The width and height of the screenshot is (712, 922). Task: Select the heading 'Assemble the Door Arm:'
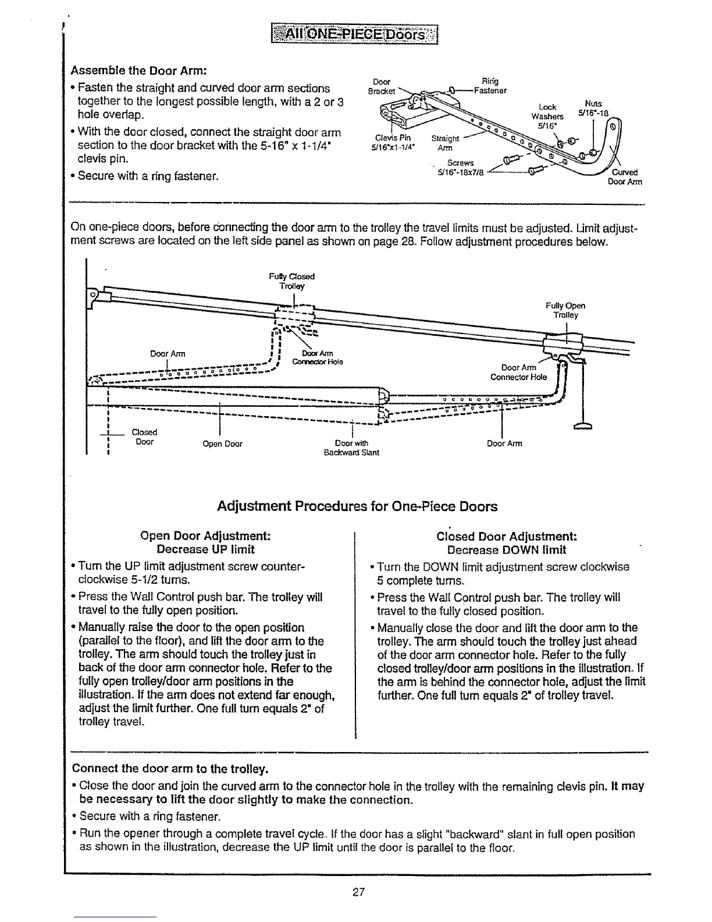[139, 71]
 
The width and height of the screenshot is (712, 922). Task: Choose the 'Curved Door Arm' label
[625, 177]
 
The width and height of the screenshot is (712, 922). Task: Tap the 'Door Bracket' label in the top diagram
[382, 86]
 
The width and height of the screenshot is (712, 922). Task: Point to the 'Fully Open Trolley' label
[565, 310]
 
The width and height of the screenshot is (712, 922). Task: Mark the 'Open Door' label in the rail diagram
[222, 444]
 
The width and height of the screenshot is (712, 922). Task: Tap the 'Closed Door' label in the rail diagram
[144, 437]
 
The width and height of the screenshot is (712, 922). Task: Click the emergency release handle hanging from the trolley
[582, 428]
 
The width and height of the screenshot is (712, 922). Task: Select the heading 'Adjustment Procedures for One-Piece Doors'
[357, 506]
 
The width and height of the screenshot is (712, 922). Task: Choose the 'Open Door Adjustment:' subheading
[206, 536]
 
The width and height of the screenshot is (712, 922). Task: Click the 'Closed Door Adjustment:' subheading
[506, 536]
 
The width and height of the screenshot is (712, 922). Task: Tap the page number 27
[358, 891]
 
